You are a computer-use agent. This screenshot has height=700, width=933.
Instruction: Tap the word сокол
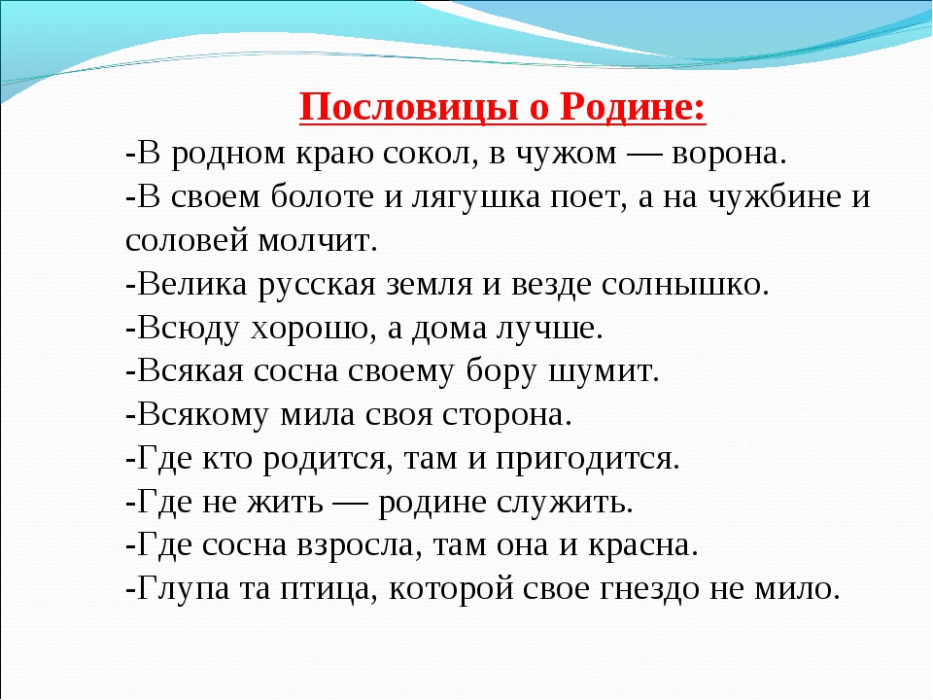[x=431, y=154]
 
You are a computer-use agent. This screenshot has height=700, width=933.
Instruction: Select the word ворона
[x=730, y=154]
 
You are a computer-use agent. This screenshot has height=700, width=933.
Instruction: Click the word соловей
[x=188, y=240]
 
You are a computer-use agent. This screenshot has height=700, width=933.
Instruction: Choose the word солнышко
[x=685, y=285]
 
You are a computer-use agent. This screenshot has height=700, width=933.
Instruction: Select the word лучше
[x=550, y=329]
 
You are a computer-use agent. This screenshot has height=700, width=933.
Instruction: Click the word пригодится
[x=588, y=459]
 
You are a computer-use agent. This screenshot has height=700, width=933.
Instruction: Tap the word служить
[x=565, y=503]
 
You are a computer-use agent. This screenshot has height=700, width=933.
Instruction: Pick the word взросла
[x=360, y=545]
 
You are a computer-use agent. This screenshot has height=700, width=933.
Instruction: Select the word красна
[x=643, y=545]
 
